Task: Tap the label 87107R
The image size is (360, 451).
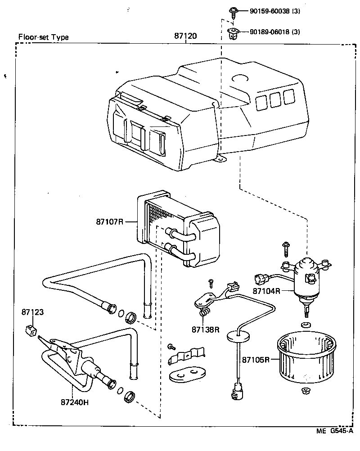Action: (x=109, y=221)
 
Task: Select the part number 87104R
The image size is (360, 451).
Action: (x=267, y=291)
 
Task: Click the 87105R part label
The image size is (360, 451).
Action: (x=256, y=360)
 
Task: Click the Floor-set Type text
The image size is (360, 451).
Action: (x=43, y=37)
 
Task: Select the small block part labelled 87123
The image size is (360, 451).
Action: (x=31, y=330)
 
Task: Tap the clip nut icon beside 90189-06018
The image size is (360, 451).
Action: (x=233, y=33)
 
